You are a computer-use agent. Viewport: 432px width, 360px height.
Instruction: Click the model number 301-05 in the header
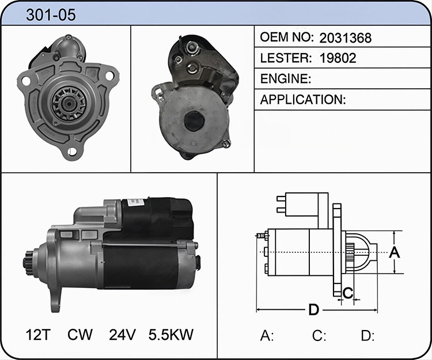click(51, 14)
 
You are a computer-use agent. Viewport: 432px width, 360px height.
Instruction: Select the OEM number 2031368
click(345, 38)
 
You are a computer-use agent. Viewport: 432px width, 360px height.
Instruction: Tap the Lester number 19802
click(338, 58)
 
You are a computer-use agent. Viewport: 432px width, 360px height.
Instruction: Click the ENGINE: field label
click(286, 79)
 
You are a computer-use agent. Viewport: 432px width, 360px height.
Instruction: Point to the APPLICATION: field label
click(303, 100)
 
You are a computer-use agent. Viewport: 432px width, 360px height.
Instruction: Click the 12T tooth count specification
click(38, 335)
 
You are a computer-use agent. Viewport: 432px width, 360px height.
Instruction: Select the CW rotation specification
click(80, 335)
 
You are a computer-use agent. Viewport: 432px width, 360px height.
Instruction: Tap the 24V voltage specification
click(122, 335)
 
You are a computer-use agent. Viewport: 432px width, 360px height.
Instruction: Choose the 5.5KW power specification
click(171, 335)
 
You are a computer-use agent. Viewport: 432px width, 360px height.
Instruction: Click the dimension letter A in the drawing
click(394, 252)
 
